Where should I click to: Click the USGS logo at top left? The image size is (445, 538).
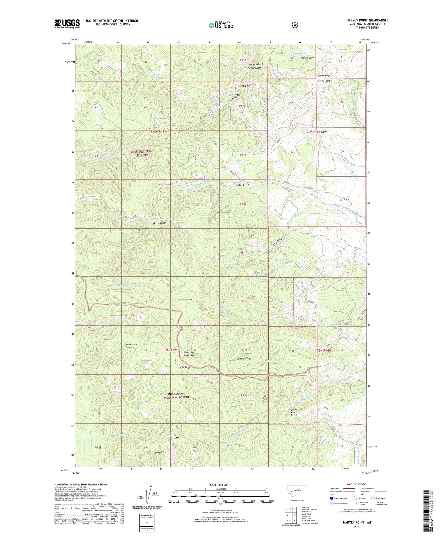tap(67, 24)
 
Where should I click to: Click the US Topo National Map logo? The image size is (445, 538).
tap(220, 25)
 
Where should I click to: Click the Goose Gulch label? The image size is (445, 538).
tap(160, 223)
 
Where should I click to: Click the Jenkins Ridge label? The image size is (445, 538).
tap(244, 359)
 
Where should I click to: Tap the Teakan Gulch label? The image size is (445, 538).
tap(307, 58)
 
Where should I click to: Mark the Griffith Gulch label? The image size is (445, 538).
tap(234, 96)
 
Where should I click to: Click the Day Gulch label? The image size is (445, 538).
tap(159, 453)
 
